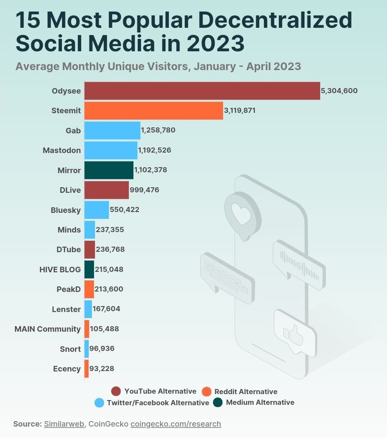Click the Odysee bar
202,91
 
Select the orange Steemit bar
154,111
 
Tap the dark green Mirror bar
109,170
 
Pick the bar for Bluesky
96,210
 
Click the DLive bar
106,190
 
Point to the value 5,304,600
340,91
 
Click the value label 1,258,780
158,130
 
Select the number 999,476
145,190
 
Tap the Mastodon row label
62,150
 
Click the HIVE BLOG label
60,269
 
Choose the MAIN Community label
47,329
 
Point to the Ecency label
67,368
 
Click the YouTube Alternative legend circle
115,391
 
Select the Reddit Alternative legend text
245,392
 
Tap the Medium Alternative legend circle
218,402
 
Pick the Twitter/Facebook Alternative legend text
158,403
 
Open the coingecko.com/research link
176,424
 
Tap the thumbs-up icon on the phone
294,333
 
